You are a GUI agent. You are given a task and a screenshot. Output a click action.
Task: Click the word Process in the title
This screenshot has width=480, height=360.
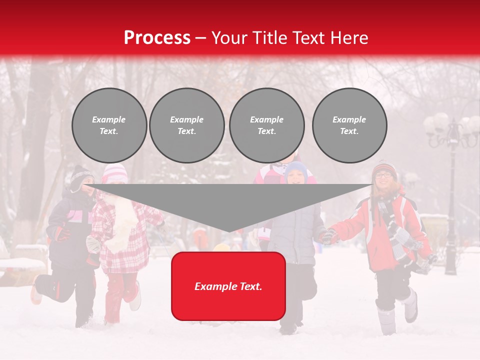click(157, 37)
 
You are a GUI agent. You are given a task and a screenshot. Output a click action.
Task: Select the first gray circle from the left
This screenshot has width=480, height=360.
click(109, 125)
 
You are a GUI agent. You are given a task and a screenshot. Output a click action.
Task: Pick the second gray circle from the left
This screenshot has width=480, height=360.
click(186, 125)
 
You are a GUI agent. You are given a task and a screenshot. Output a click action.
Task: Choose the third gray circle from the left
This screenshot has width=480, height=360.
click(266, 125)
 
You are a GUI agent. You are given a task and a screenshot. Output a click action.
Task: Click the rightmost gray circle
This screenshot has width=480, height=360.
click(349, 125)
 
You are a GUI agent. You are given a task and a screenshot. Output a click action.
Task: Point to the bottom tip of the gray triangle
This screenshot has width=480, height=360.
click(228, 231)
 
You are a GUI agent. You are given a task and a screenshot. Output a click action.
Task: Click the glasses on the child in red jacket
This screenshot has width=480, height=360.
click(383, 175)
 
